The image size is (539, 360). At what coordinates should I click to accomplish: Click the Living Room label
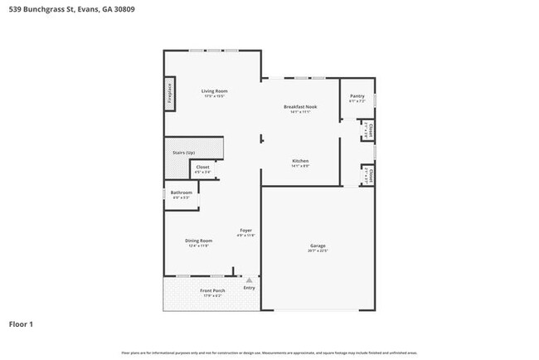point(215,90)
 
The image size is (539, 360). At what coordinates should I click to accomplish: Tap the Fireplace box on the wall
point(169,92)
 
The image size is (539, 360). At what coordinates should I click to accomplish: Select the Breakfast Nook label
point(300,106)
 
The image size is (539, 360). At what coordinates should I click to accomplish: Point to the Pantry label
point(357,95)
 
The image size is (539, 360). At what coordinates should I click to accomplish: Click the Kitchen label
point(300,160)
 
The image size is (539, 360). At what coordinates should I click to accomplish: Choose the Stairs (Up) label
point(183,153)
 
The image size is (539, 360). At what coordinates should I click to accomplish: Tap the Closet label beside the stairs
point(202,167)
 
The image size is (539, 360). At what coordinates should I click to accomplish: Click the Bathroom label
point(182,192)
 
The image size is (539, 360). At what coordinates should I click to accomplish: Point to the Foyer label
point(246,230)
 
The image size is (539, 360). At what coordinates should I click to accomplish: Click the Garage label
point(318,246)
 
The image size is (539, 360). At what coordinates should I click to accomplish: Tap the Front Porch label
point(212,290)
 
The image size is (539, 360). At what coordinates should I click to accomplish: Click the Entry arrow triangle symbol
point(248,280)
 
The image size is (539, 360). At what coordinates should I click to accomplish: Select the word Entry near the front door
point(249,288)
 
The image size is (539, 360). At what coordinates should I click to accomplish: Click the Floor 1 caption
point(22,324)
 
